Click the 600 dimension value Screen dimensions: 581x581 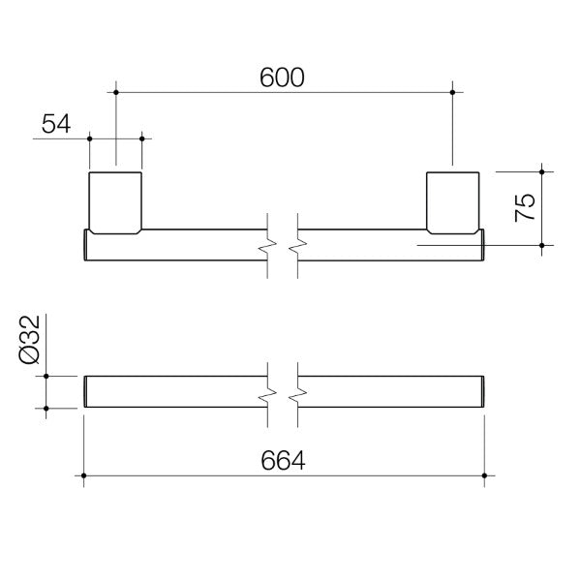(282, 78)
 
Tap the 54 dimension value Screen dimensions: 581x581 (56, 123)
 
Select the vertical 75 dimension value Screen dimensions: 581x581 (524, 207)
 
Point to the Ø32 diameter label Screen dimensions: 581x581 (29, 339)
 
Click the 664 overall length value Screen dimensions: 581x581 (283, 462)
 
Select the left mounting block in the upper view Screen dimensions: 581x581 (116, 201)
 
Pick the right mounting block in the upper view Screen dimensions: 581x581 (452, 201)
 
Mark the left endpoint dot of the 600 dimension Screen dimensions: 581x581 (116, 92)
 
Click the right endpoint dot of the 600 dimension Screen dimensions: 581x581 (452, 92)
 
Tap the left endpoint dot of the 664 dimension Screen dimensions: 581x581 (85, 475)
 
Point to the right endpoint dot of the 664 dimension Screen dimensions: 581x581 (483, 475)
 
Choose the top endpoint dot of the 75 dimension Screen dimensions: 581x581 (541, 171)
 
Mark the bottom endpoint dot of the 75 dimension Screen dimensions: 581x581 (541, 246)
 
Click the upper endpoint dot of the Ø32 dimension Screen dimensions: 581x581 (45, 375)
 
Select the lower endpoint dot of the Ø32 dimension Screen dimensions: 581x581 (45, 408)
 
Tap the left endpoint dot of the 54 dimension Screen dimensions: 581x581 (90, 138)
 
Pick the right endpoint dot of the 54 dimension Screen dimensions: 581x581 (142, 138)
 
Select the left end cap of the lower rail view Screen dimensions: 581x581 (87, 391)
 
